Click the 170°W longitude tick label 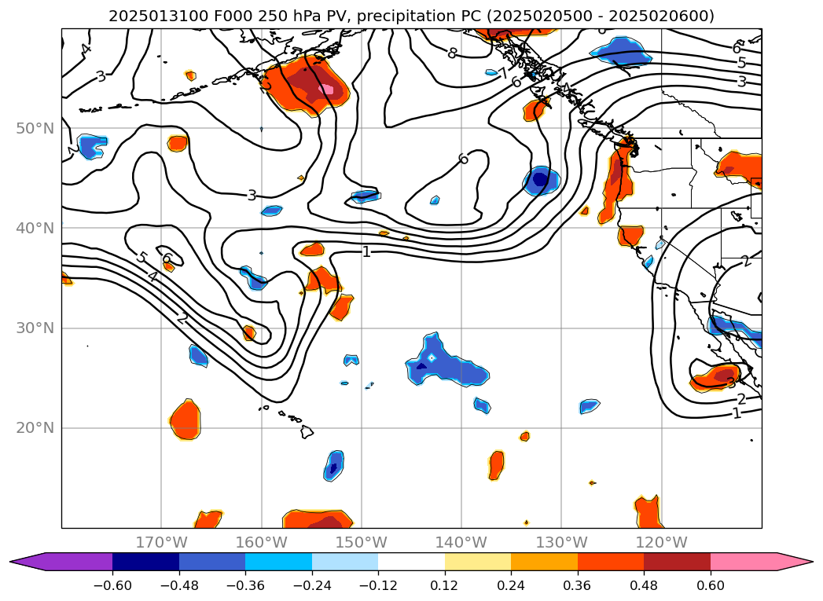click(161, 542)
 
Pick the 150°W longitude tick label click(362, 542)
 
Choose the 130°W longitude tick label click(561, 542)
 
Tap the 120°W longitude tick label click(661, 542)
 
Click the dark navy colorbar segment click(145, 562)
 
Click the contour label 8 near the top click(451, 53)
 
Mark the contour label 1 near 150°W click(366, 251)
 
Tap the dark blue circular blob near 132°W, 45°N click(540, 180)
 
